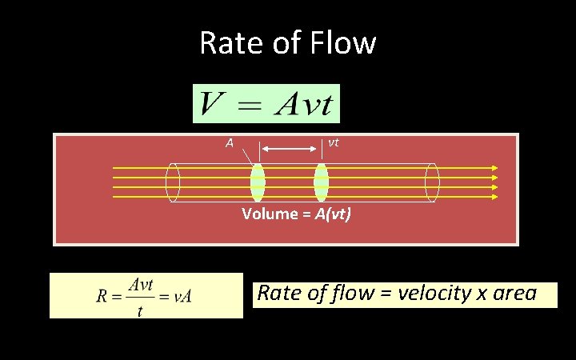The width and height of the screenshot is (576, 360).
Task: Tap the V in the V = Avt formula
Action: [211, 104]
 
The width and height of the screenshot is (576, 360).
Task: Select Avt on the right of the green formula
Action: [305, 104]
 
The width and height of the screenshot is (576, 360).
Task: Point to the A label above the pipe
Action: [229, 143]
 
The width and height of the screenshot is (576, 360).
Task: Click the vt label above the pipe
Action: [334, 142]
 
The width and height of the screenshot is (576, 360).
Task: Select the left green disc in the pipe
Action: [257, 182]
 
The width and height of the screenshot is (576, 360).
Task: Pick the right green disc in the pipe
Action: [321, 182]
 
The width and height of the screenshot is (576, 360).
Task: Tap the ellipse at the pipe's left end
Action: [173, 182]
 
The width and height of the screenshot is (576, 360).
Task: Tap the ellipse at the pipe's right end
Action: [432, 182]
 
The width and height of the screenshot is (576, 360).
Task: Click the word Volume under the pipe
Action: [270, 214]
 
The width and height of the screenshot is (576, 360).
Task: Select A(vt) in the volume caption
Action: [332, 214]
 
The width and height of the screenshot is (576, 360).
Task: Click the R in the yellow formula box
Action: [102, 296]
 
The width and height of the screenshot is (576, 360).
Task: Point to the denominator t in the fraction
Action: [140, 310]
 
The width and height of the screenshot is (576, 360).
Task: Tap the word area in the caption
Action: [514, 294]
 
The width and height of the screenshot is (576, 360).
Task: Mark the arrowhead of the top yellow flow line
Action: [494, 168]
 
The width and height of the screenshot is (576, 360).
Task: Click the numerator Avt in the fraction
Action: [141, 284]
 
